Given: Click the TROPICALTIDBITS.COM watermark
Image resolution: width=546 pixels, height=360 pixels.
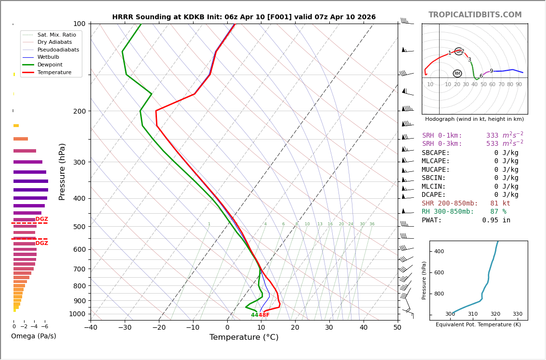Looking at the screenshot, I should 475,15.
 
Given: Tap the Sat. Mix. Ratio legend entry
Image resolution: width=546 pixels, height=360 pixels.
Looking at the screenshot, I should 56,35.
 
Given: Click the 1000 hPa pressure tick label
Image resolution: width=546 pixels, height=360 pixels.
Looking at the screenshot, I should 77,314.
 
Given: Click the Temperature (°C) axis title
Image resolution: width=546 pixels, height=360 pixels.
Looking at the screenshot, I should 244,337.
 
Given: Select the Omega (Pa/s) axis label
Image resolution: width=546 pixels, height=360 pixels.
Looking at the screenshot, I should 33,336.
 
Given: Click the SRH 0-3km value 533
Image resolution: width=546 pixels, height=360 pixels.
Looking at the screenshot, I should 492,144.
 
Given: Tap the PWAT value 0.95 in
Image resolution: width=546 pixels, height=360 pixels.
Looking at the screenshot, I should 496,220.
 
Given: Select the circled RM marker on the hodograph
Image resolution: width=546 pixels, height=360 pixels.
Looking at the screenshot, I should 457,74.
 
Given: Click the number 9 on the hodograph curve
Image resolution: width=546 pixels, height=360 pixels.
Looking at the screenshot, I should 491,71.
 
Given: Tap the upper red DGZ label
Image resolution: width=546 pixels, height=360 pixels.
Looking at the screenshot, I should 42,219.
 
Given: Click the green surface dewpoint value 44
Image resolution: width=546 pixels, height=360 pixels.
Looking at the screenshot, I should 255,315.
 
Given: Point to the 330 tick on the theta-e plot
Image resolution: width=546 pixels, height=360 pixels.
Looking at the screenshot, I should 517,314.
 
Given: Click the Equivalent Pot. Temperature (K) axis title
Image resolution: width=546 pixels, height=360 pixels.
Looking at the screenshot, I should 478,324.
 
